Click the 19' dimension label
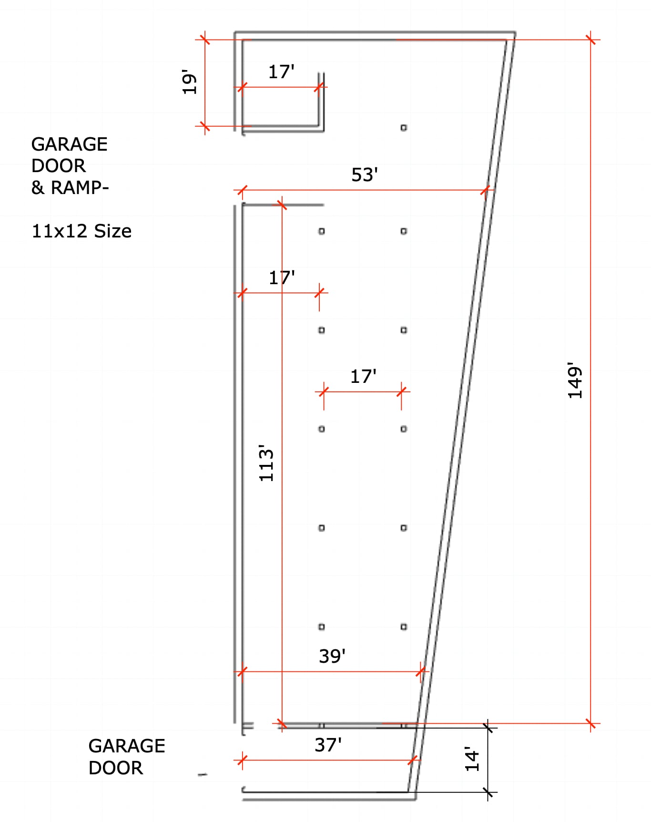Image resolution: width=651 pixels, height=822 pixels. pyautogui.click(x=189, y=82)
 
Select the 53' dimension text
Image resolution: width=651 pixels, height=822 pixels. pyautogui.click(x=365, y=175)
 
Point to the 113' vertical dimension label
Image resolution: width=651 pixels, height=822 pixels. pyautogui.click(x=266, y=462)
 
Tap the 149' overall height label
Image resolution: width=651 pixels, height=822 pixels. pyautogui.click(x=575, y=380)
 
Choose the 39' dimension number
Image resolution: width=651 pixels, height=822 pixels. pyautogui.click(x=332, y=656)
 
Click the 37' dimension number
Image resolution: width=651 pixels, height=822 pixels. pyautogui.click(x=328, y=745)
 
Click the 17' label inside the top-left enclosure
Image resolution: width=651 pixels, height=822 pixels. pyautogui.click(x=281, y=72)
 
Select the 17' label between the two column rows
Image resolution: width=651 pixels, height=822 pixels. pyautogui.click(x=363, y=377)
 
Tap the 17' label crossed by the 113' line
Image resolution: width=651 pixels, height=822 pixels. pyautogui.click(x=282, y=277)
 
